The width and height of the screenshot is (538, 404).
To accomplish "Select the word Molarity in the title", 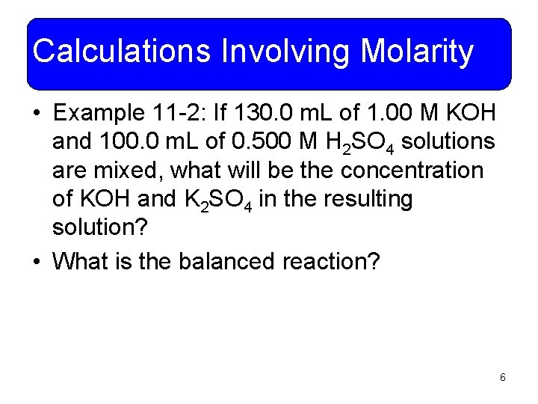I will point(417,52).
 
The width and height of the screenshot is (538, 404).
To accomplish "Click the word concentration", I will point(412,171).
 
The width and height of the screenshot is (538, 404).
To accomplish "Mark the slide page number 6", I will point(503,377).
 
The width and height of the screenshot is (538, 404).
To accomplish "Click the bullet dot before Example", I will point(37,114).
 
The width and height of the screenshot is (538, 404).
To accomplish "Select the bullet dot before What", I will point(37,262).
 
